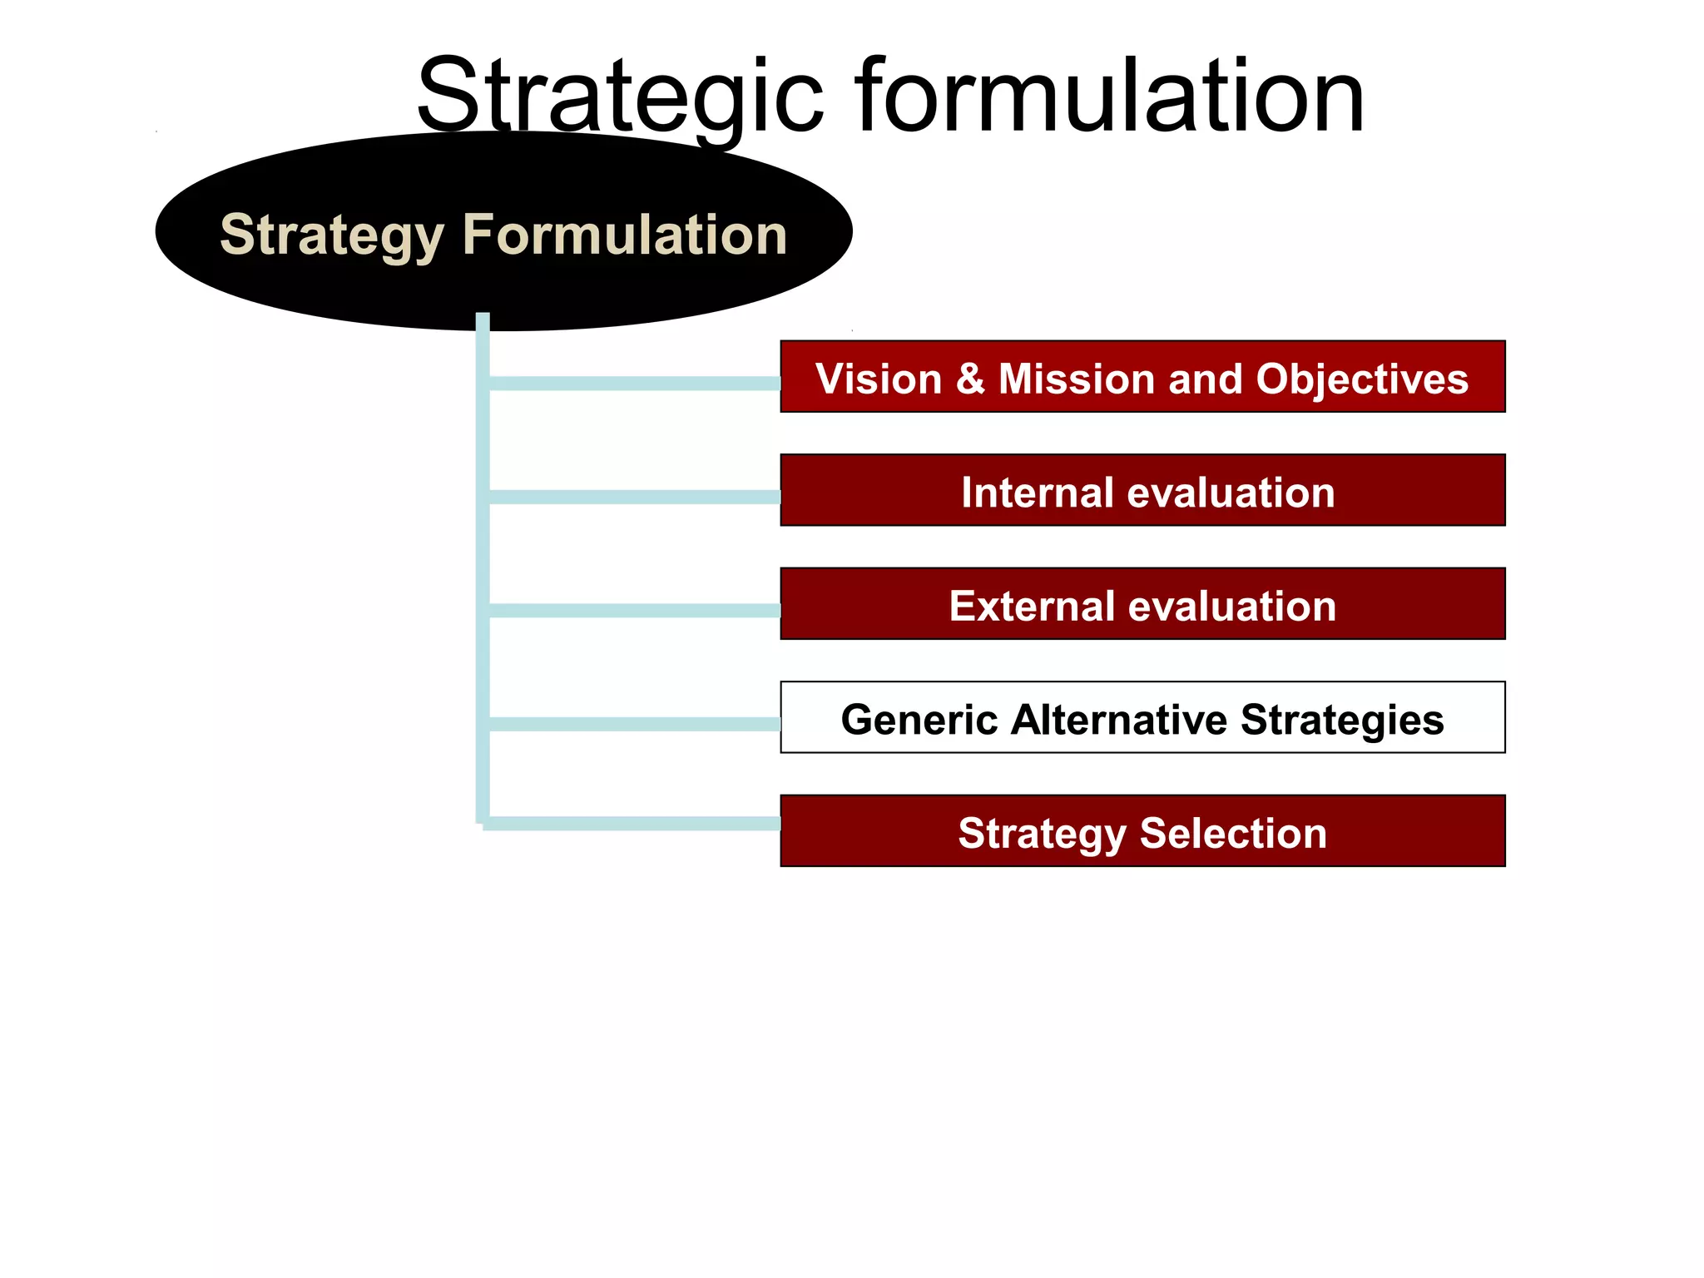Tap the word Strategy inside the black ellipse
[x=331, y=235]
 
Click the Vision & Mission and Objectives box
[x=1142, y=376]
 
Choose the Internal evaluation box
[x=1142, y=490]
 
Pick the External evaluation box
[x=1142, y=604]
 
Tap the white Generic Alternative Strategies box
[x=1142, y=717]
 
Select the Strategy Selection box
[x=1142, y=831]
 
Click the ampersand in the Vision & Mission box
[x=970, y=379]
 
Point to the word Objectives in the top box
[x=1362, y=379]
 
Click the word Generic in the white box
[x=919, y=719]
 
